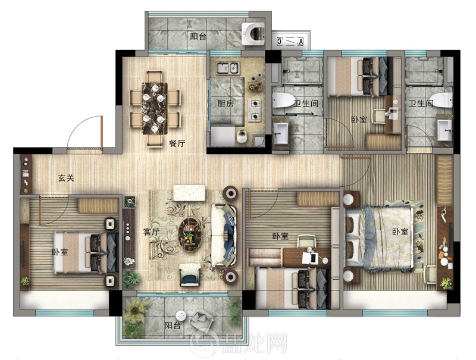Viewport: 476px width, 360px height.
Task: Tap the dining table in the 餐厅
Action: point(155,108)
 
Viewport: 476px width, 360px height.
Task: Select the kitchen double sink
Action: point(228,68)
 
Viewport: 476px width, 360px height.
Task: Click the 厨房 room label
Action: point(226,104)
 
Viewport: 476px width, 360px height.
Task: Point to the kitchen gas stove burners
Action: point(255,110)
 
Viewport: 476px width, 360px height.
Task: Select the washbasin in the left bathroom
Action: point(281,133)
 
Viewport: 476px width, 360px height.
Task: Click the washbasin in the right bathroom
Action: point(444,130)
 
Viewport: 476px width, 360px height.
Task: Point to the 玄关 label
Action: point(66,178)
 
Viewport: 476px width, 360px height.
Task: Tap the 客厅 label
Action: point(151,232)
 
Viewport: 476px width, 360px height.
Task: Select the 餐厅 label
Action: point(177,143)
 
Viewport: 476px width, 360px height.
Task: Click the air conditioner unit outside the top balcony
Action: point(290,40)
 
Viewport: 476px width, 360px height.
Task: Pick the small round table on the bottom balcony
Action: point(181,316)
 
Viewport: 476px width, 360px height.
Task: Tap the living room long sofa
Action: point(224,236)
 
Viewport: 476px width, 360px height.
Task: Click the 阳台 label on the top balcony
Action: point(199,36)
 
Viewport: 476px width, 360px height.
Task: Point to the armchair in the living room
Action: point(190,275)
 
